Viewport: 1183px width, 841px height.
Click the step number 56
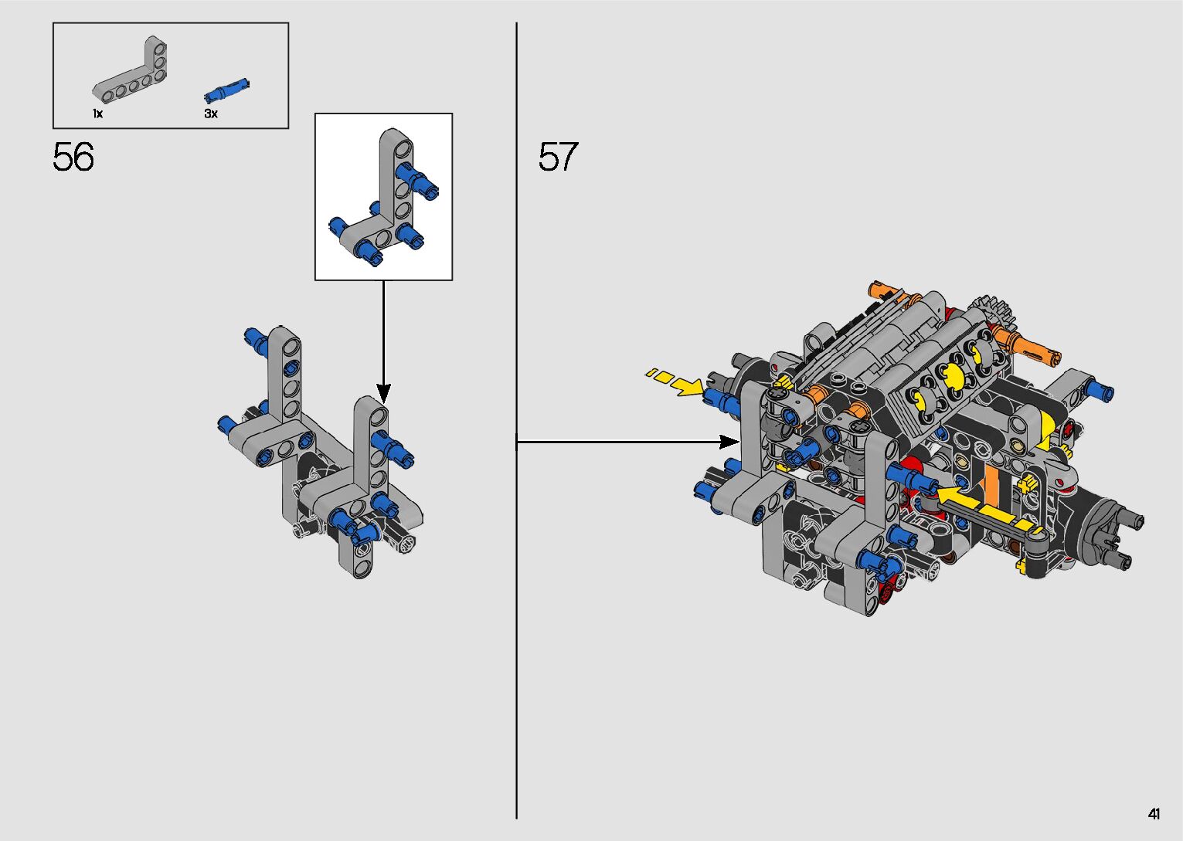tap(73, 157)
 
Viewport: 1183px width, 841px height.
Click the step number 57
tap(558, 157)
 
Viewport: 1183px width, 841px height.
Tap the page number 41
tap(1154, 814)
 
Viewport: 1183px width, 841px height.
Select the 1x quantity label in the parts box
tap(97, 114)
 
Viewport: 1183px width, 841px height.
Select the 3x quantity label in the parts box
tap(211, 114)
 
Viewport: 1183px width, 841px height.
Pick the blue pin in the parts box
tap(226, 90)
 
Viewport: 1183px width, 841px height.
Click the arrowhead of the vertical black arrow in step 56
tap(384, 393)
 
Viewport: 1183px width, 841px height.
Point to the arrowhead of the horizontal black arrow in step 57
tap(729, 442)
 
